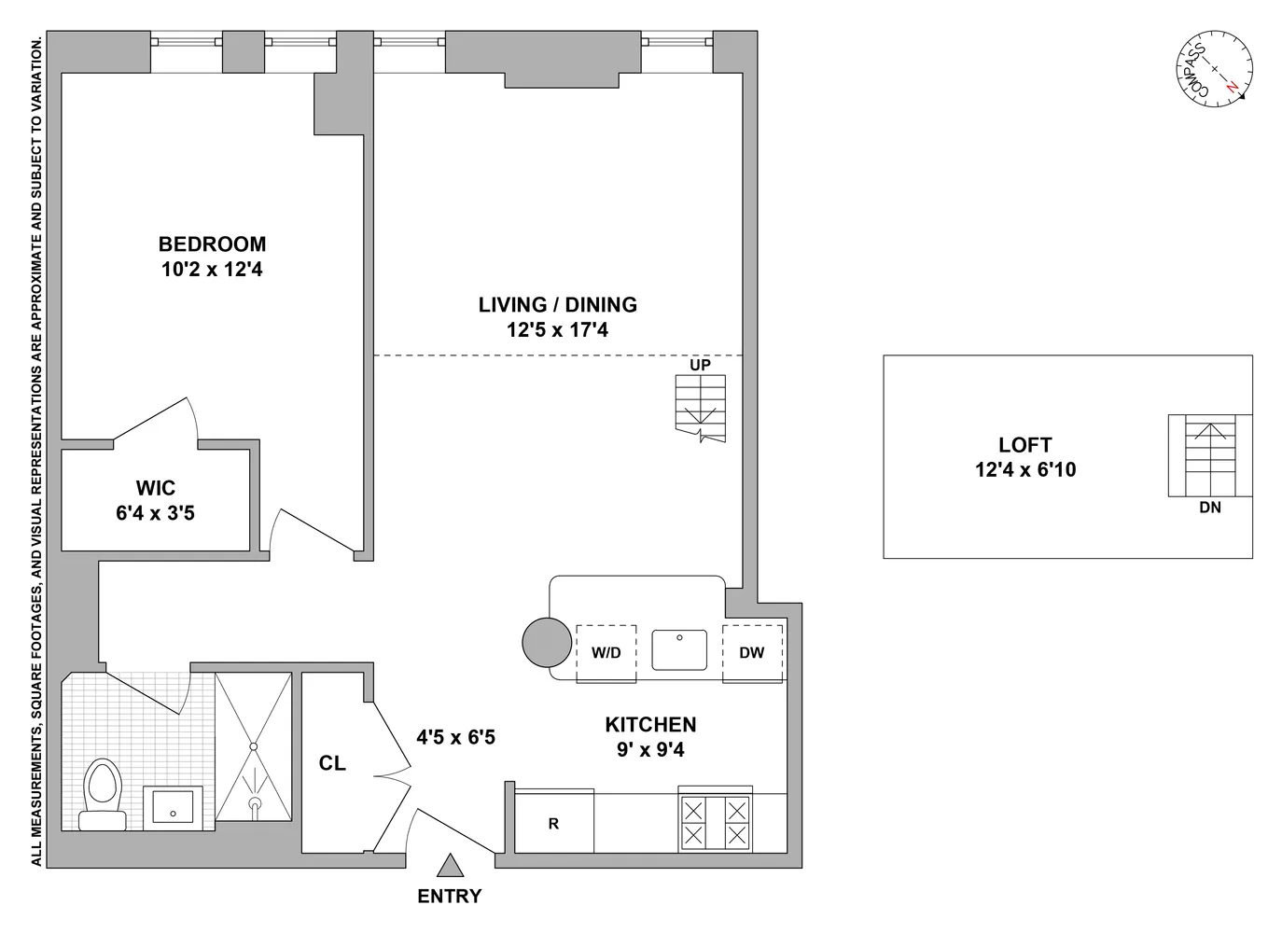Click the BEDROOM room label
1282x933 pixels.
(x=212, y=244)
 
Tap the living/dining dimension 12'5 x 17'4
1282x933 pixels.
(x=557, y=329)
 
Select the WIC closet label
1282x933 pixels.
(x=155, y=488)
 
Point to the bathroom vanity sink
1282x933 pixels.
(x=173, y=808)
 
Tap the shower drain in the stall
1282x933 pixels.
(x=254, y=745)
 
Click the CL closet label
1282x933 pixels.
(x=332, y=763)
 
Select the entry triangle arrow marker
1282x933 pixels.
(x=451, y=866)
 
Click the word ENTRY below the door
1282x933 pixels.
(x=450, y=897)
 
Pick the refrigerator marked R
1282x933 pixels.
(x=554, y=823)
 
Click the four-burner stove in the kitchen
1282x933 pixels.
(x=715, y=822)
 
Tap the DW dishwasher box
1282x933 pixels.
(x=752, y=653)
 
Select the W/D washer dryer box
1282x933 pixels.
(x=606, y=653)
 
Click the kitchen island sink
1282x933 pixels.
(x=680, y=650)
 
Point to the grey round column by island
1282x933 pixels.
(x=546, y=643)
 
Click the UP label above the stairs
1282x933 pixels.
(x=700, y=365)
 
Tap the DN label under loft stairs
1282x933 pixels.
(x=1210, y=508)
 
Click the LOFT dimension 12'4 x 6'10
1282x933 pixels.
(x=1025, y=470)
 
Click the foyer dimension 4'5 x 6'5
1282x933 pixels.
(x=455, y=738)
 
